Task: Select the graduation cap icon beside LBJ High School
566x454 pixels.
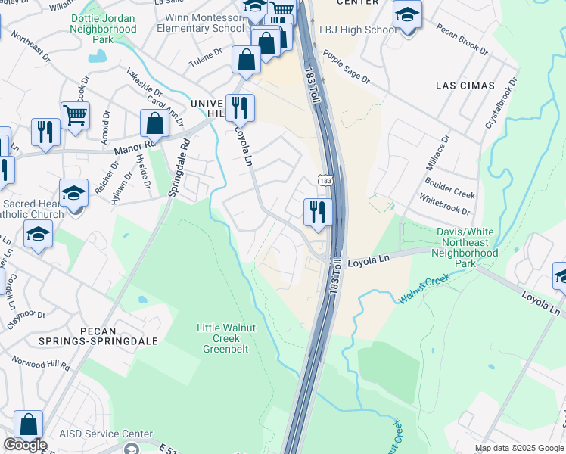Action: (407, 15)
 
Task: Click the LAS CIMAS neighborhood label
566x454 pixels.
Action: (465, 86)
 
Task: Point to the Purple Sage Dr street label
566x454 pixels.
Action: (346, 67)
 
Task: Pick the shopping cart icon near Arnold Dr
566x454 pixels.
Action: (75, 117)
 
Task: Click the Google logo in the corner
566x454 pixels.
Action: (25, 445)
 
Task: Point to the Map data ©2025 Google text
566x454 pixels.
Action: (518, 448)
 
